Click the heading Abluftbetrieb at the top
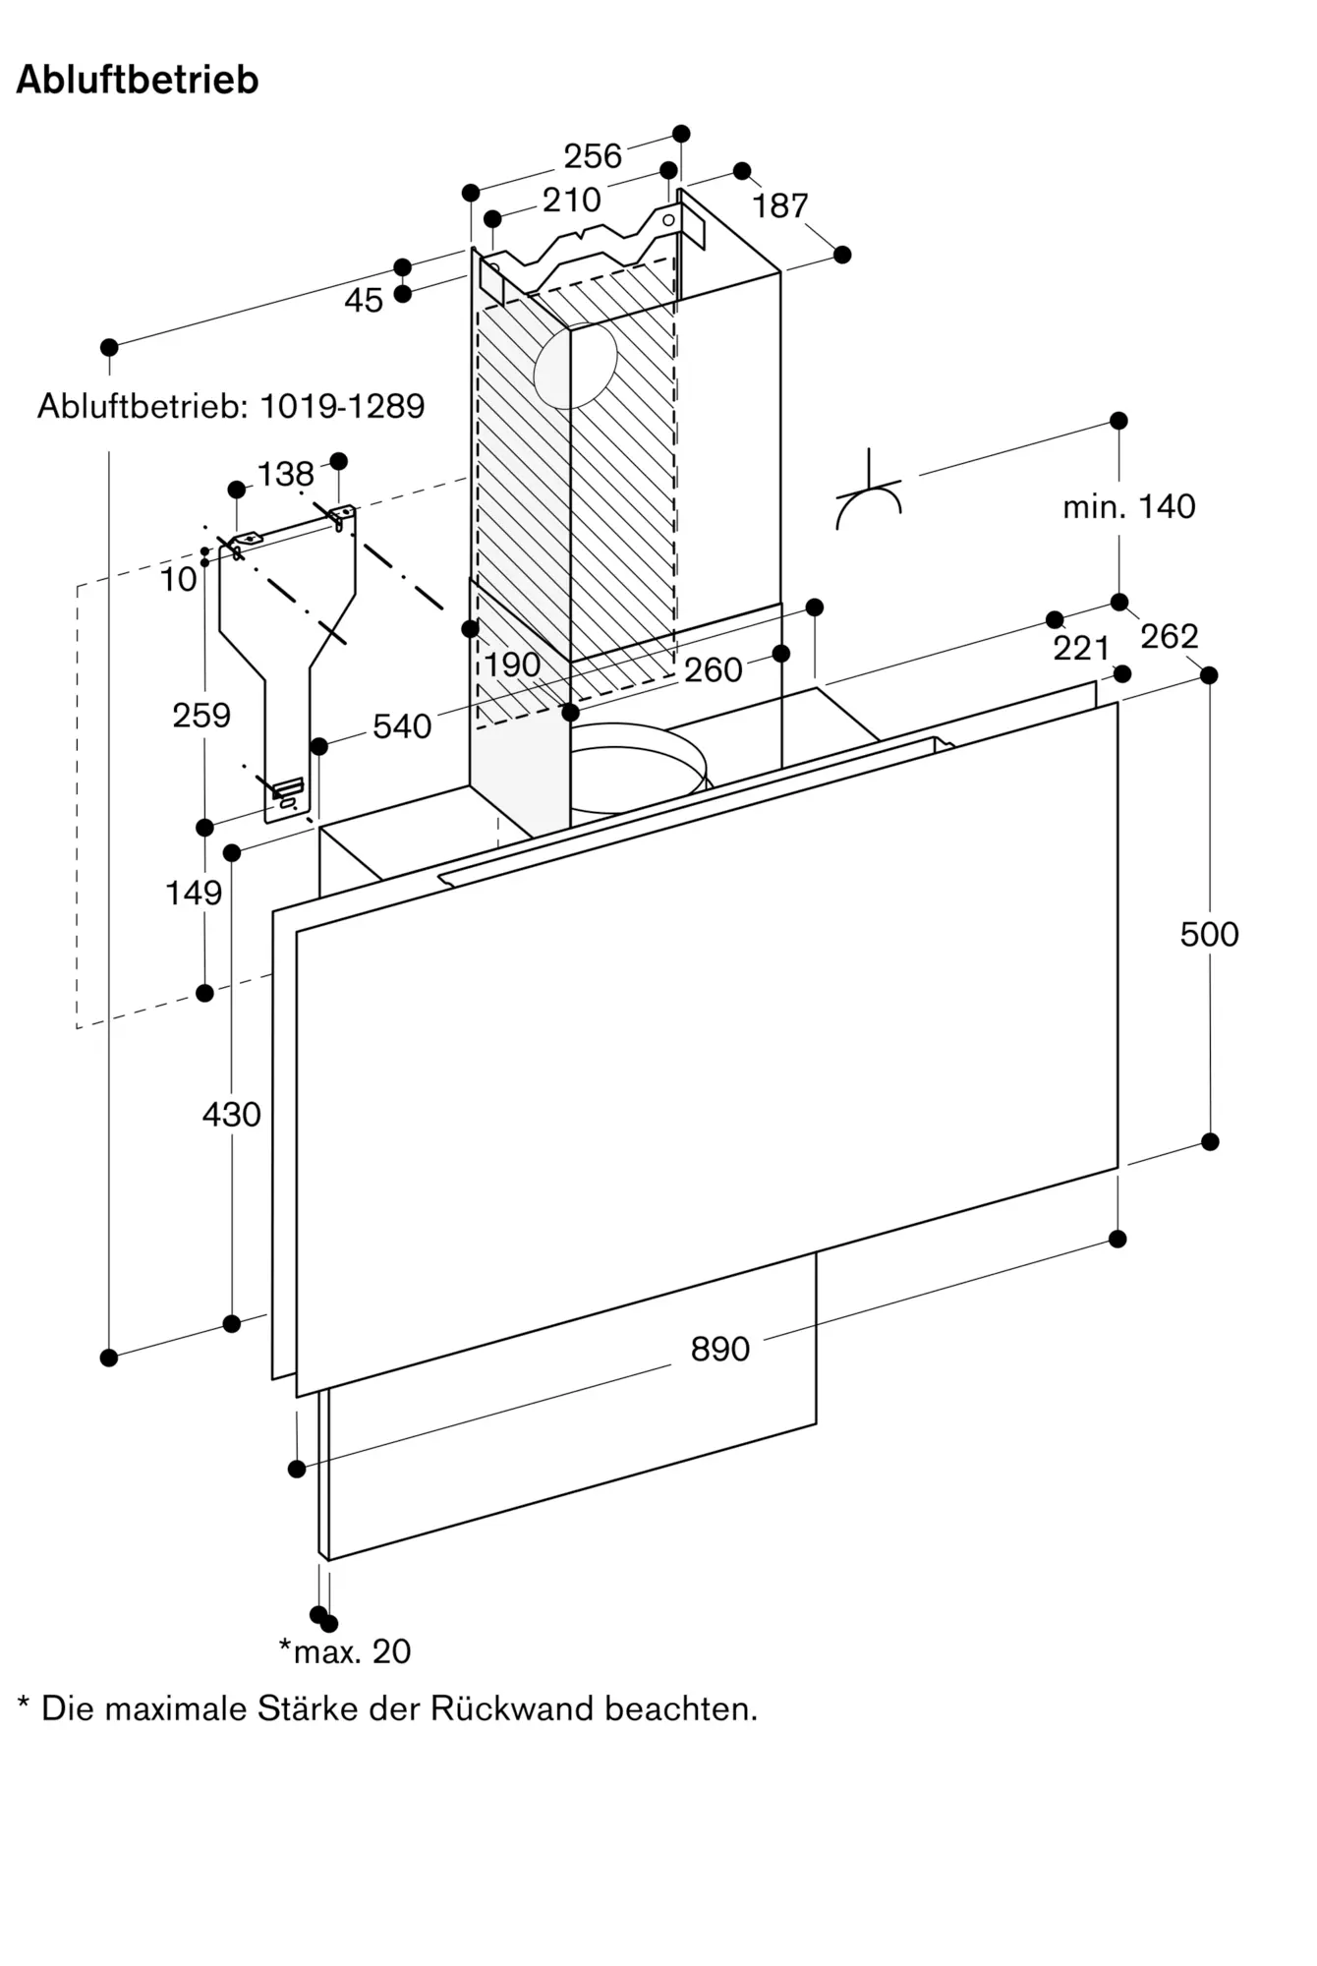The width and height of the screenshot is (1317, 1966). point(138,80)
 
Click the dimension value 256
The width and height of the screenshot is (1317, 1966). point(593,155)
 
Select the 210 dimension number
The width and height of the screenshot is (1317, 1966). point(572,200)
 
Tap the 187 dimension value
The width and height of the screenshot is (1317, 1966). point(780,205)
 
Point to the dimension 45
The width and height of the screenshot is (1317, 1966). point(364,300)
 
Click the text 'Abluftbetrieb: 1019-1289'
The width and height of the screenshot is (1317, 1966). point(231,405)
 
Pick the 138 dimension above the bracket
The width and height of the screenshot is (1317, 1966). point(286,474)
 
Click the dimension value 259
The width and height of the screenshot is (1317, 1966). point(201,715)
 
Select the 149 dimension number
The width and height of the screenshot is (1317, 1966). point(194,893)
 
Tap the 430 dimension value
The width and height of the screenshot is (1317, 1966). point(231,1114)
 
